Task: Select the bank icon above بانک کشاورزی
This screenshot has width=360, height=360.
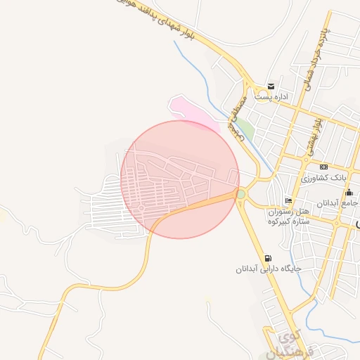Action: [x=323, y=167]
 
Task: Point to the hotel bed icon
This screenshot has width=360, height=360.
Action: [x=288, y=200]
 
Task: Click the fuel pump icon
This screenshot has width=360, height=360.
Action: [x=267, y=258]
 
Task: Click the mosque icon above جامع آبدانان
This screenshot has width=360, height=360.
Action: [x=349, y=191]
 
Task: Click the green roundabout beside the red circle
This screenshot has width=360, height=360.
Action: [x=241, y=193]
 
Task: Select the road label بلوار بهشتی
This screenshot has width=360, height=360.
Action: [x=314, y=137]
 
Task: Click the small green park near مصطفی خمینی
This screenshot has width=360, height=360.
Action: [x=245, y=129]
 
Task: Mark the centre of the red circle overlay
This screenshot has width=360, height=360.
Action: [x=180, y=179]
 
